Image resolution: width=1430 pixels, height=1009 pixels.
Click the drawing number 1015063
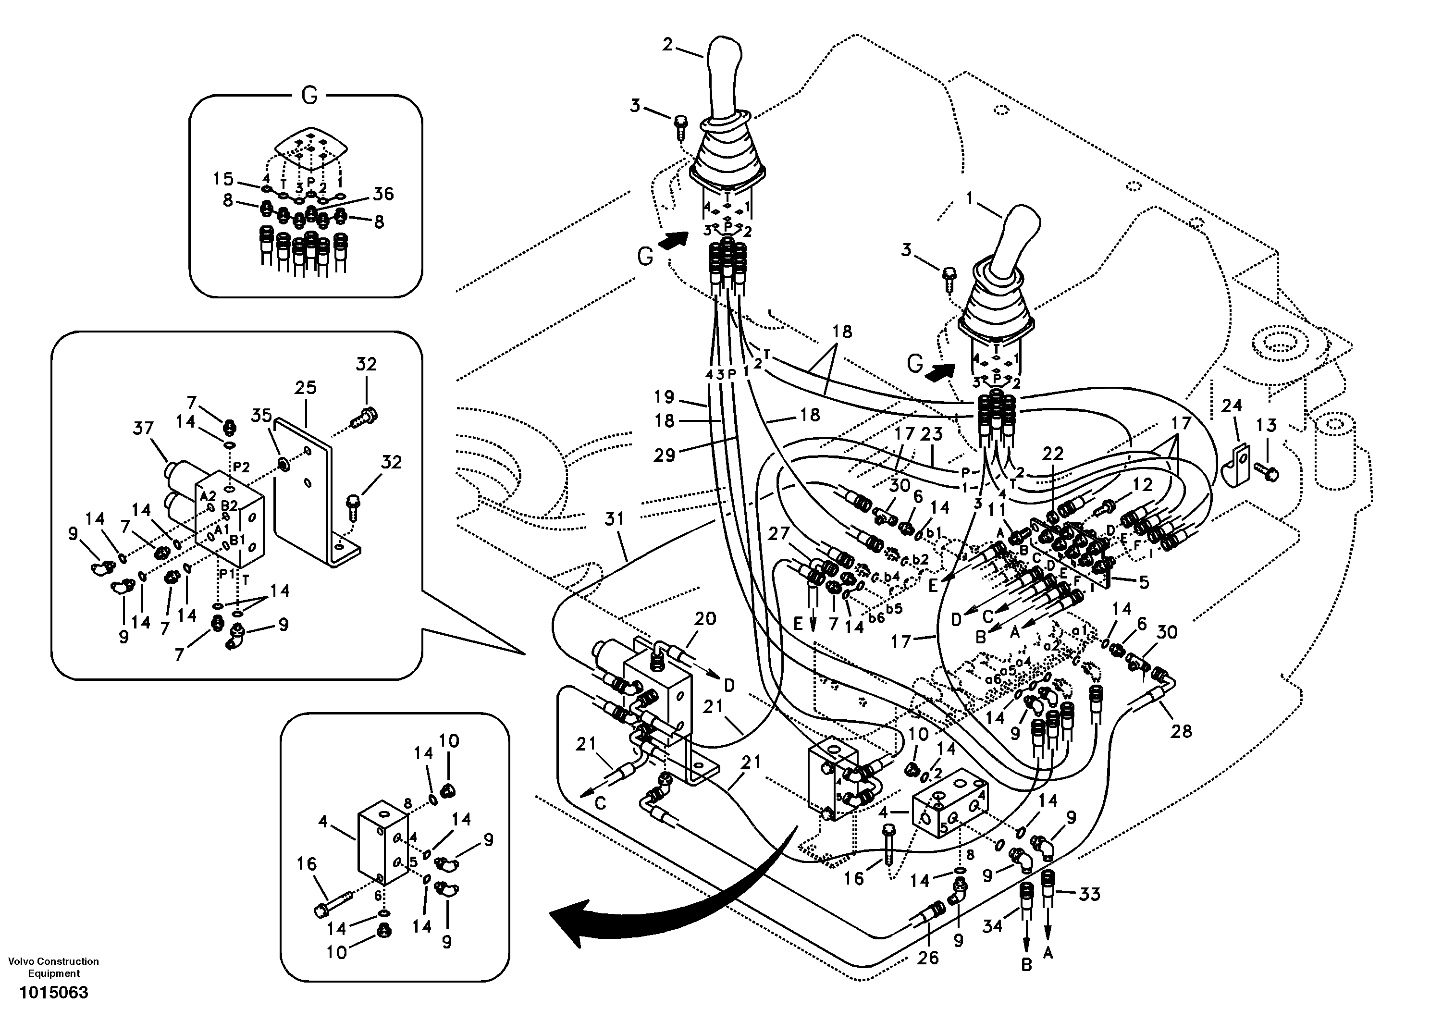53,992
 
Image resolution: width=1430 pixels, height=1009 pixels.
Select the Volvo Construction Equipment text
53,967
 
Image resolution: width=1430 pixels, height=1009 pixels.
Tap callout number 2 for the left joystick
667,45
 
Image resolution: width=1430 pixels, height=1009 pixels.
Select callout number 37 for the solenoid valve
143,428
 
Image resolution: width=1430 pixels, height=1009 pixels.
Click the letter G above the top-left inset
309,95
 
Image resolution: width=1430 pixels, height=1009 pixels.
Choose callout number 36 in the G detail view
383,194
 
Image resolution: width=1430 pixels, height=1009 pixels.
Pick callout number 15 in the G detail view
222,179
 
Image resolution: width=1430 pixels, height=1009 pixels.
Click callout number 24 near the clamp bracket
1232,406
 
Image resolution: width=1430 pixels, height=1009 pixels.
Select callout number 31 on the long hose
614,519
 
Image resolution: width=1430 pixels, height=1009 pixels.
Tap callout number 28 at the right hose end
1181,731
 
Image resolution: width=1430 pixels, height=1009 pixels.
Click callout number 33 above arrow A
1089,894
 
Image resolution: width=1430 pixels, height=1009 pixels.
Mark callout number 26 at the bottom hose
928,957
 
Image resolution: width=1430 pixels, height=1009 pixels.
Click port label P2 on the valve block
241,467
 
